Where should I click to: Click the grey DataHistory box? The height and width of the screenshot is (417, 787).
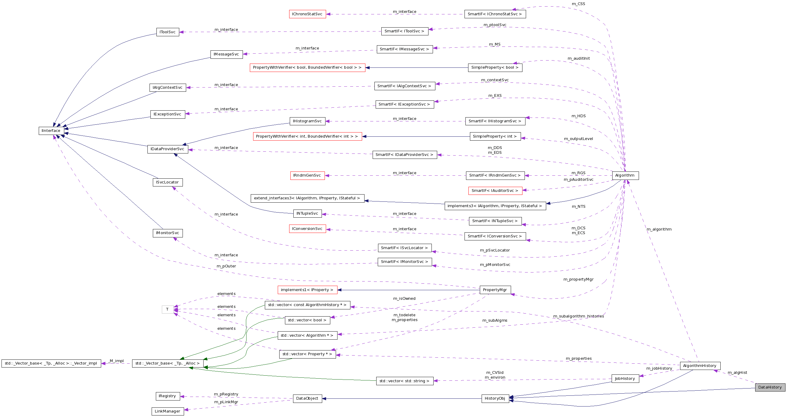(770, 387)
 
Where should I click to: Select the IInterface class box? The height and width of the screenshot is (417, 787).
(51, 131)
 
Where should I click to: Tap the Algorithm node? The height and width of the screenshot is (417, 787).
(625, 175)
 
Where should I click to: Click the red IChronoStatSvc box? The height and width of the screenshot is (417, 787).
(307, 14)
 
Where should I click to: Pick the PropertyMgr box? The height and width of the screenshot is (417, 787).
(495, 290)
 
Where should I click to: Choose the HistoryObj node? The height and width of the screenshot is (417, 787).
(495, 398)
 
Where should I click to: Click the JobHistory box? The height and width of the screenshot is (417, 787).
(625, 379)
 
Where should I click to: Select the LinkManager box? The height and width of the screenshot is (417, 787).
(168, 411)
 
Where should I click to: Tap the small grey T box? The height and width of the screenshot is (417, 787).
(168, 309)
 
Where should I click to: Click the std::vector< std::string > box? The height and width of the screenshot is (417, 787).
(404, 381)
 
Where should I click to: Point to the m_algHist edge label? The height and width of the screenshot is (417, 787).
(737, 373)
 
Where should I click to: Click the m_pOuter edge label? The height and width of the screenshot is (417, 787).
(226, 266)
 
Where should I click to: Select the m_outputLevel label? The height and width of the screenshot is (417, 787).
(578, 139)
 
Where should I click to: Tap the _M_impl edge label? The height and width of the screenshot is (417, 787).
(117, 361)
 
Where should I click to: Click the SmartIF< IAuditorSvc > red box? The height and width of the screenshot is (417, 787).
(495, 191)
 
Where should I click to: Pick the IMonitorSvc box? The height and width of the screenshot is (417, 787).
(168, 233)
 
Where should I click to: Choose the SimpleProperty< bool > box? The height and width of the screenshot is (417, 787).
(495, 67)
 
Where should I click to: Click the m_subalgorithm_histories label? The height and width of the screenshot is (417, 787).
(578, 316)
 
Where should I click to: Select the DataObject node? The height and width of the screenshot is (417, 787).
(307, 398)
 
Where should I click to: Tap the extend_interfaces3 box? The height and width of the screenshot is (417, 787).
(307, 198)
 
